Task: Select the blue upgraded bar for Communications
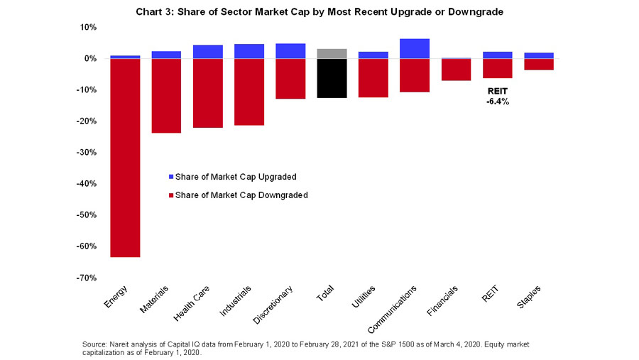click(x=415, y=48)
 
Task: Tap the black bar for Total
click(x=332, y=78)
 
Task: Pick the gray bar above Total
click(x=332, y=54)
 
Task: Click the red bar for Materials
click(x=166, y=96)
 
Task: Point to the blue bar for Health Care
click(x=207, y=52)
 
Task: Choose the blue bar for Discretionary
click(x=290, y=51)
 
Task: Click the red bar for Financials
click(x=456, y=70)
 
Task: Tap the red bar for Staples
click(x=539, y=65)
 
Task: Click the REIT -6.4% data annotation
click(x=498, y=97)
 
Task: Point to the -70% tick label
click(x=87, y=278)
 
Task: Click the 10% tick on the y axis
click(x=89, y=27)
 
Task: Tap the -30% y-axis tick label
click(x=87, y=153)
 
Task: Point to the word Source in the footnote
click(x=96, y=344)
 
